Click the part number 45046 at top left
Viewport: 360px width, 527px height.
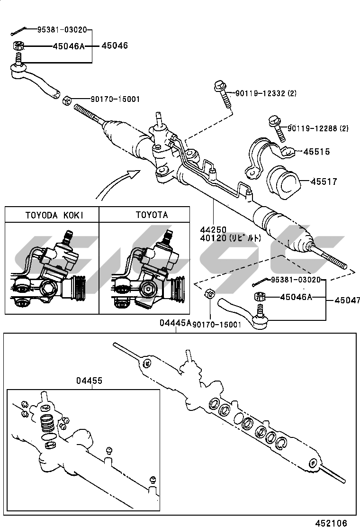(x=115, y=45)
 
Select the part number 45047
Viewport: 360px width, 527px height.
(x=347, y=300)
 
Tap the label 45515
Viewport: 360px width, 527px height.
(x=316, y=152)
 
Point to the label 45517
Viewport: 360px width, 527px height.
(x=324, y=182)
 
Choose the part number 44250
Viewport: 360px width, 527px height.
(x=213, y=230)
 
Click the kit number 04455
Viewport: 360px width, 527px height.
(x=89, y=381)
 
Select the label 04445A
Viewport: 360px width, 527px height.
(x=175, y=323)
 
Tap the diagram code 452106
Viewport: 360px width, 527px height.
(x=331, y=523)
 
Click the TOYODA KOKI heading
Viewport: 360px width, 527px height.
(x=54, y=215)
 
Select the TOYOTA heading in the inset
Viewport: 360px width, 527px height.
(x=152, y=215)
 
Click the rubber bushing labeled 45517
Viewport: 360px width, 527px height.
(x=283, y=182)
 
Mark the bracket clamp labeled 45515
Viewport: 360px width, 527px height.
(x=270, y=157)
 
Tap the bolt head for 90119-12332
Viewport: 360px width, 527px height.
(x=220, y=86)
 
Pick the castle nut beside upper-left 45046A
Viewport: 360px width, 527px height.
(x=18, y=45)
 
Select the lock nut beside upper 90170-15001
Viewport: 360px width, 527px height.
(x=67, y=100)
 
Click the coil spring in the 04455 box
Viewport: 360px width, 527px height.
(x=47, y=423)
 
